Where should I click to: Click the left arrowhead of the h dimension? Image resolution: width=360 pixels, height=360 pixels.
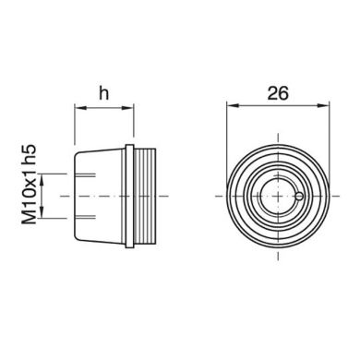pyautogui.click(x=78, y=109)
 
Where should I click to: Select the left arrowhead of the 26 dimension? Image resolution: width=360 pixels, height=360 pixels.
pyautogui.click(x=232, y=109)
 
